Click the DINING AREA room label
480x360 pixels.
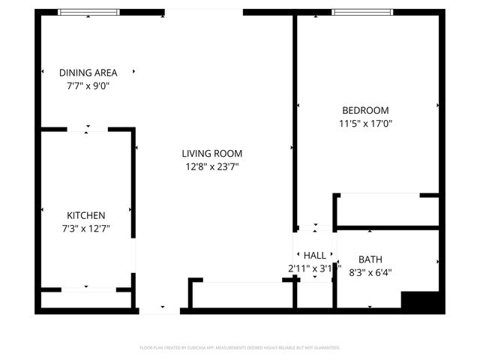pyautogui.click(x=88, y=73)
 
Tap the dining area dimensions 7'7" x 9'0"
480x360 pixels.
pyautogui.click(x=88, y=85)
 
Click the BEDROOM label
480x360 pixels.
pyautogui.click(x=365, y=110)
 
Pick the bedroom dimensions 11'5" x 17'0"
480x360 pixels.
pyautogui.click(x=365, y=123)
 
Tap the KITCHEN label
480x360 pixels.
pyautogui.click(x=86, y=215)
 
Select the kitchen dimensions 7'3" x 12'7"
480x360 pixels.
pyautogui.click(x=86, y=228)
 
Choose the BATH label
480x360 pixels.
pyautogui.click(x=370, y=259)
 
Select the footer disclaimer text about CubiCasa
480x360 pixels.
pyautogui.click(x=240, y=348)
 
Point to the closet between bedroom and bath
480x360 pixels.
pyautogui.click(x=386, y=211)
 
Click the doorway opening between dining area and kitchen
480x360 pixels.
pyautogui.click(x=88, y=130)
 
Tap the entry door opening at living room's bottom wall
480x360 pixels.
pyautogui.click(x=160, y=309)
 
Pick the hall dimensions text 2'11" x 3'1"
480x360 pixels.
pyautogui.click(x=315, y=268)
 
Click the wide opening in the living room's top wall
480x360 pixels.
pyautogui.click(x=204, y=12)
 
